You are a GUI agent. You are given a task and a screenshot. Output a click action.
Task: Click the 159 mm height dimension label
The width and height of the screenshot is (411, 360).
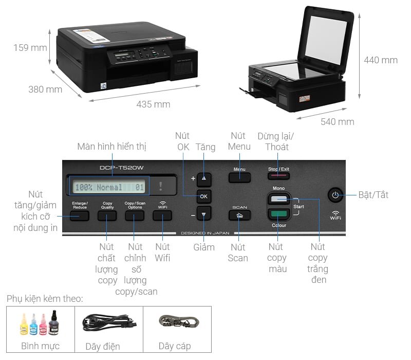30,48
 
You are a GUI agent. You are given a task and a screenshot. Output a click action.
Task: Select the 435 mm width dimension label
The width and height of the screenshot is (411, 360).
153,104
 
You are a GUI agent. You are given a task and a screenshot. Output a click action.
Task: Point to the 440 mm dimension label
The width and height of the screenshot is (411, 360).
381,60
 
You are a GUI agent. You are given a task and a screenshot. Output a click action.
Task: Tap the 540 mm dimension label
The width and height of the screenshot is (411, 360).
338,122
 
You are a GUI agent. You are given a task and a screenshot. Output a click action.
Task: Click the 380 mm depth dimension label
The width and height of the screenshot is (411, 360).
45,89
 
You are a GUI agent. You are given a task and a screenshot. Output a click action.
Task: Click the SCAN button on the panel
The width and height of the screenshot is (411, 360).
239,215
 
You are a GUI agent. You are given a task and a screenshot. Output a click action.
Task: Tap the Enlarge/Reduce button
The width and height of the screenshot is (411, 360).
80,215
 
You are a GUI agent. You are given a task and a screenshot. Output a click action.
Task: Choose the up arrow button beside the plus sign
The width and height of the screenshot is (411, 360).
204,178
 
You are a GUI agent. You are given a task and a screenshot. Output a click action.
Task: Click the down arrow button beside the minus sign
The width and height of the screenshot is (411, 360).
204,214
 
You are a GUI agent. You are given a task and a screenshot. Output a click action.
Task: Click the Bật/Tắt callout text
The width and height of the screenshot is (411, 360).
373,195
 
